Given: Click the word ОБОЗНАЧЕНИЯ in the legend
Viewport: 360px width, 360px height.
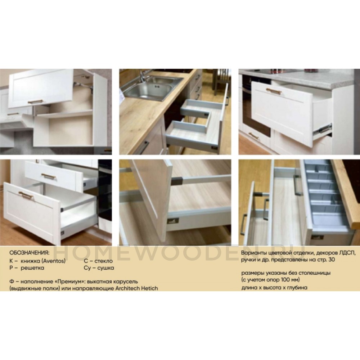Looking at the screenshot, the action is click(x=30, y=253).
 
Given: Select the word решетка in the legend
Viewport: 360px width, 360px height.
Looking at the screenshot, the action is click(x=32, y=268).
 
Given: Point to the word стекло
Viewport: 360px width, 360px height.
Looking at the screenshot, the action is click(x=104, y=261).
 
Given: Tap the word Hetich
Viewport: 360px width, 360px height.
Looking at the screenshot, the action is click(x=149, y=288).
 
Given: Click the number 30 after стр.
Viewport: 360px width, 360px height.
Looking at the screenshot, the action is click(x=332, y=260).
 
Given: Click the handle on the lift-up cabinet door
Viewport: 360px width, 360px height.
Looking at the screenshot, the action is click(x=35, y=101).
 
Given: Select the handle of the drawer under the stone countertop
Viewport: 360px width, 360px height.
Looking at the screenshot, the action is click(x=274, y=91).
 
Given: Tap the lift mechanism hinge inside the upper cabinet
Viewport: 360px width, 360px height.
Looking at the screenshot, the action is click(x=85, y=85).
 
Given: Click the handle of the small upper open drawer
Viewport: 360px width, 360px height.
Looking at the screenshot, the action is click(x=49, y=176).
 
